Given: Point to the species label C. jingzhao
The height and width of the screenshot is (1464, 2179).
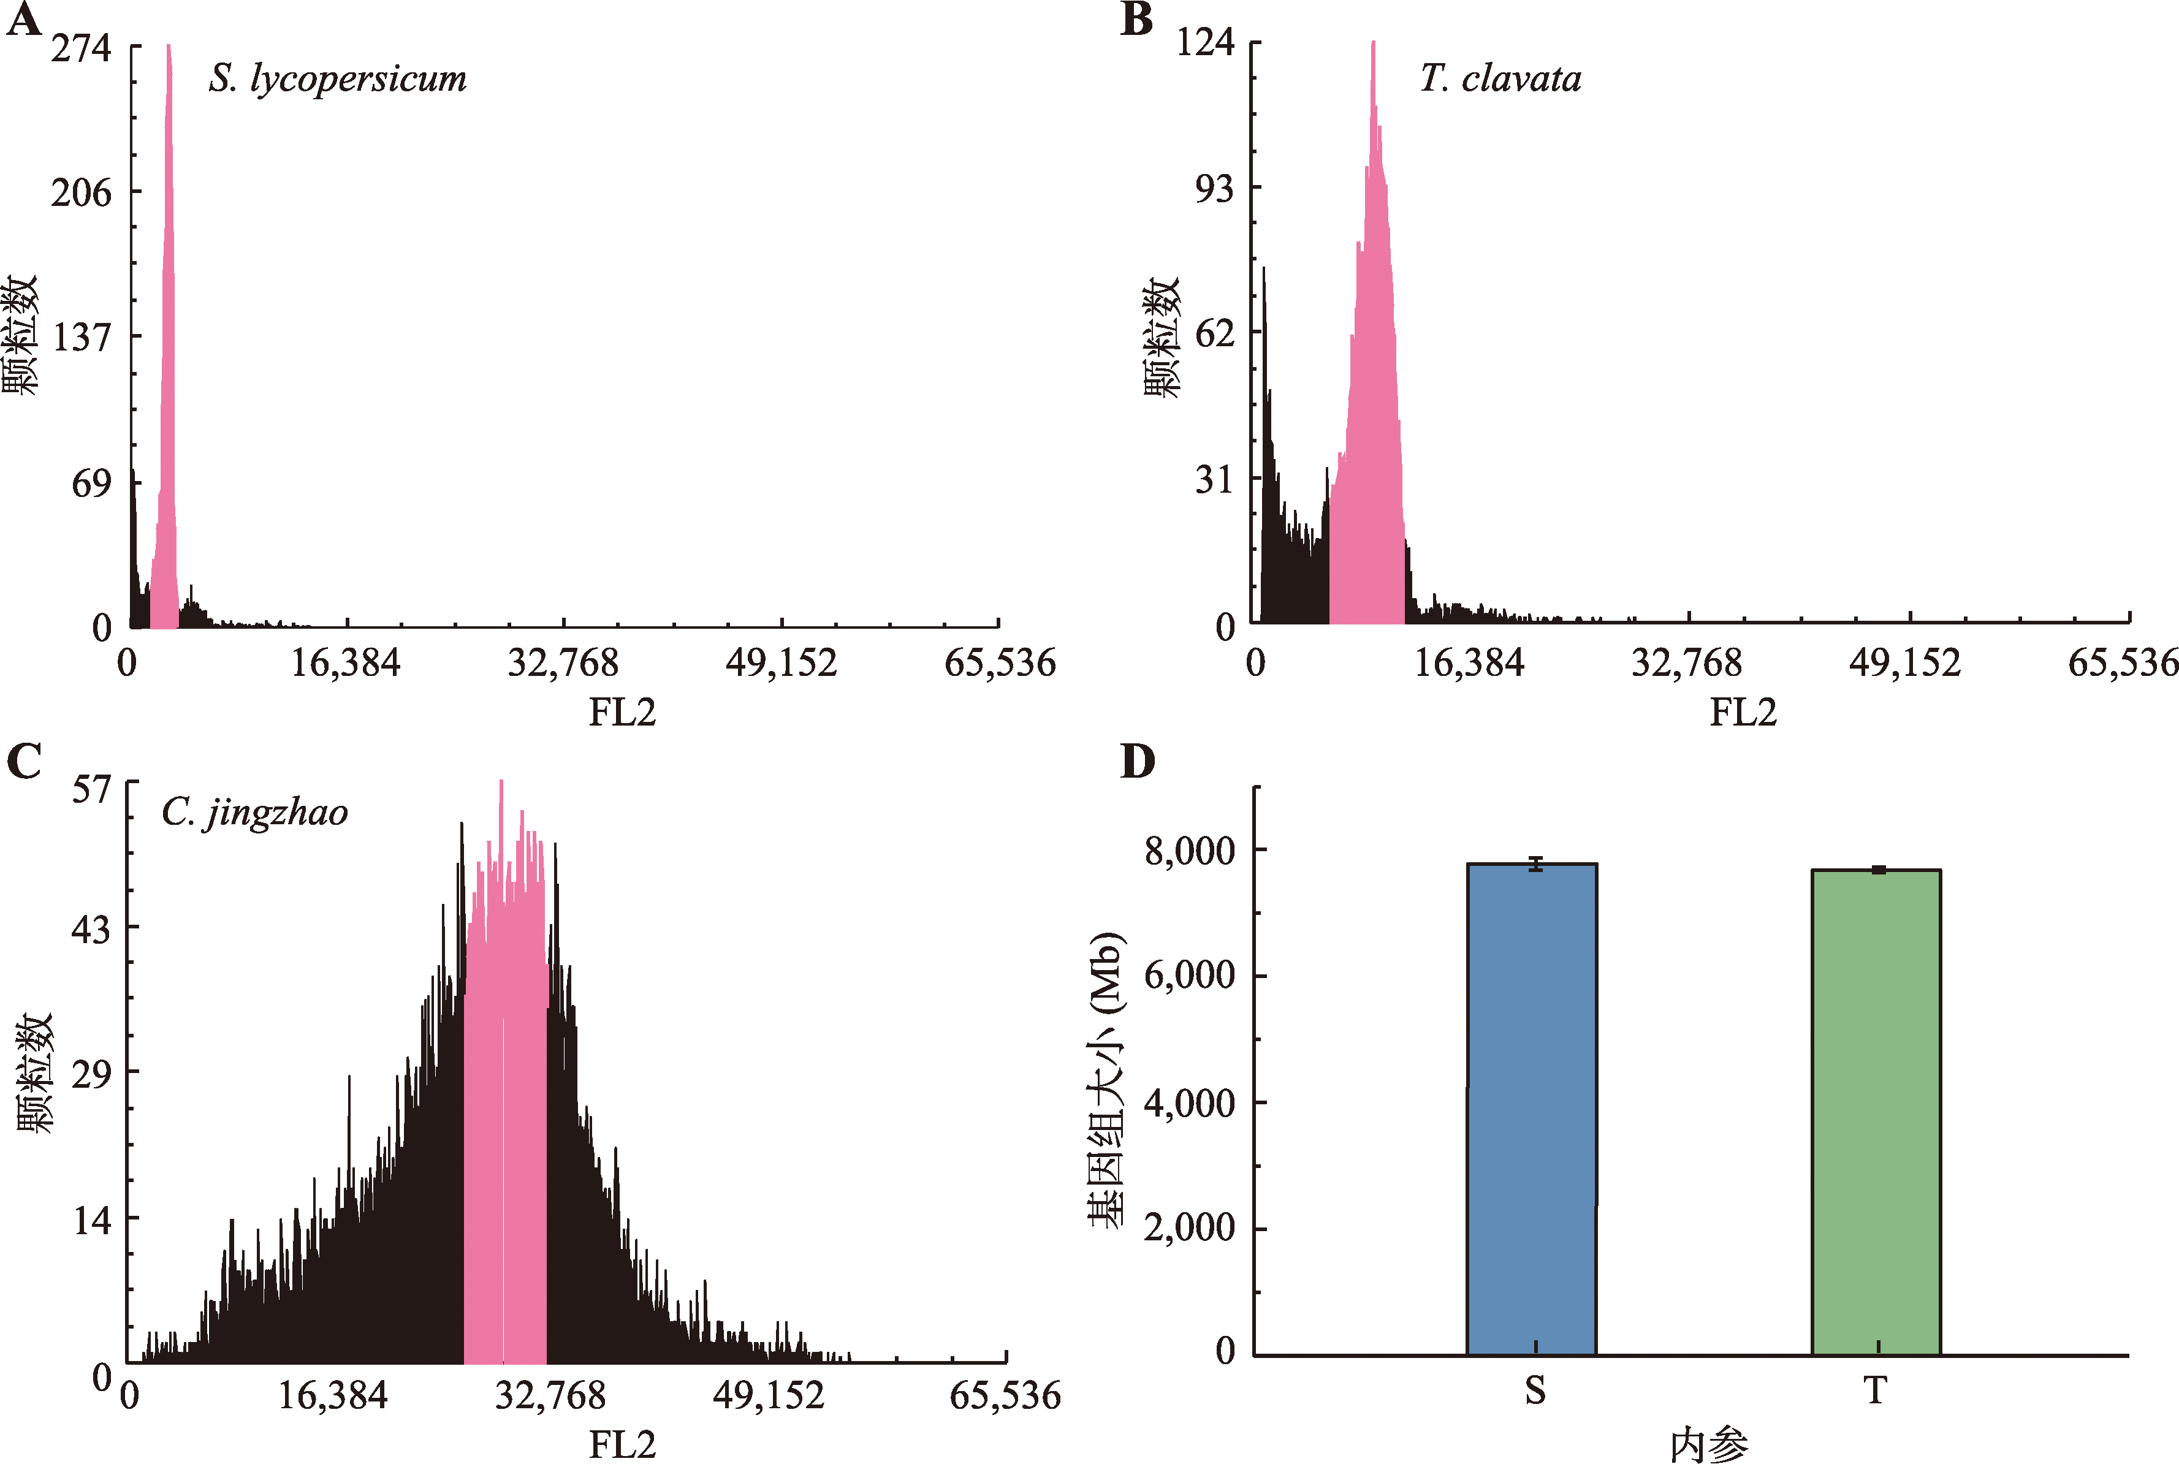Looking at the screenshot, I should pos(254,813).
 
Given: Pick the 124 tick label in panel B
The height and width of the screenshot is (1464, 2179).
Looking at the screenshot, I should pos(1204,42).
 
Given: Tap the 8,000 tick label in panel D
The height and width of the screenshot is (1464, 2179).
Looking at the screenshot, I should pos(1189,851).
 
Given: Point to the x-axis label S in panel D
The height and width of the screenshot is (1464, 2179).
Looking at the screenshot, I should pos(1535,1391).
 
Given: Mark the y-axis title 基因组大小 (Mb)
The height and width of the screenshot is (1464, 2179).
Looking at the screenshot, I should pos(1106,1079).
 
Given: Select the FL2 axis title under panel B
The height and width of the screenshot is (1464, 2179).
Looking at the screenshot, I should pos(1742,713).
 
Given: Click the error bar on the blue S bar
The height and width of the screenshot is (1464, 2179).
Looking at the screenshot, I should pos(1535,863).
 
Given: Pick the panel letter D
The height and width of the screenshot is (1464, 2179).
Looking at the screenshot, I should pos(1137,762).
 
